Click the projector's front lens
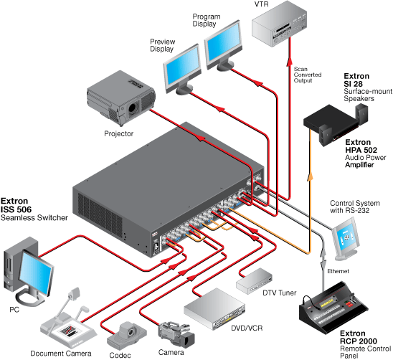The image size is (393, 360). click(x=133, y=108)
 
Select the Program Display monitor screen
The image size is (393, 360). click(x=223, y=42)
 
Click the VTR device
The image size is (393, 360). click(x=279, y=24)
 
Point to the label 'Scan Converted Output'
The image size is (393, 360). click(x=308, y=75)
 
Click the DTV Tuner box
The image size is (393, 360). click(x=254, y=281)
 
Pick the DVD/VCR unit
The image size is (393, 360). click(x=214, y=309)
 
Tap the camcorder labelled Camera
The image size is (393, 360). click(x=176, y=334)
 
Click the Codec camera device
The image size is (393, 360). click(x=127, y=336)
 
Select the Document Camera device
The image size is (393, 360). click(x=67, y=321)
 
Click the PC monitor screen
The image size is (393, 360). click(x=36, y=272)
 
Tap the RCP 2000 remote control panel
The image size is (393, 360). click(x=333, y=308)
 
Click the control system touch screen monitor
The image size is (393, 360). click(x=346, y=238)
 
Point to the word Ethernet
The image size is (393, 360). click(x=338, y=271)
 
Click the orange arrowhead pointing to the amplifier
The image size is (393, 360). click(x=311, y=176)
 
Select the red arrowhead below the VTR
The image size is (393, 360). click(x=290, y=62)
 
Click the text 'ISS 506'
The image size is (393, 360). click(x=16, y=209)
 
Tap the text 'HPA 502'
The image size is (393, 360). click(x=361, y=150)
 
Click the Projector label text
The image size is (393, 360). click(x=118, y=133)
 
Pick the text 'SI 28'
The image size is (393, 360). click(x=353, y=84)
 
